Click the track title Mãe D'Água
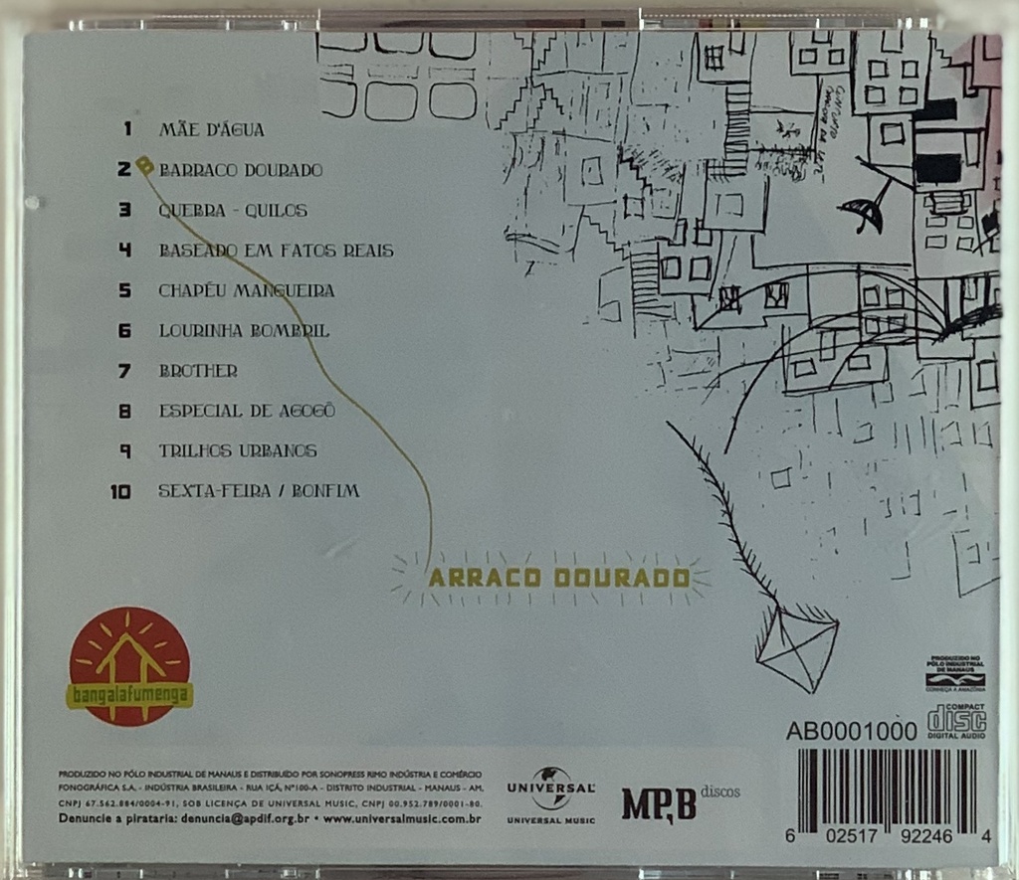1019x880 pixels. [x=211, y=129]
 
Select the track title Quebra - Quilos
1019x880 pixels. [x=233, y=211]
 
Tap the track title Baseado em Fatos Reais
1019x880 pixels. [x=276, y=251]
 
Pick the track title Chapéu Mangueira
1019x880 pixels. [x=246, y=290]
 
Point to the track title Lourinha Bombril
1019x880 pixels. [x=244, y=330]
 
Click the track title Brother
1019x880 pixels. [x=198, y=370]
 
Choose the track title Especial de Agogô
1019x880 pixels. [x=246, y=410]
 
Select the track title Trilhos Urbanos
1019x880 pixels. [x=238, y=450]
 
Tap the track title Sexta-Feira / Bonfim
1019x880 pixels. [x=259, y=490]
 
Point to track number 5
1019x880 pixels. [x=125, y=290]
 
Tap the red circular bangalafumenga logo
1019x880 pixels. [x=129, y=665]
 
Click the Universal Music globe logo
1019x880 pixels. [x=550, y=792]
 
